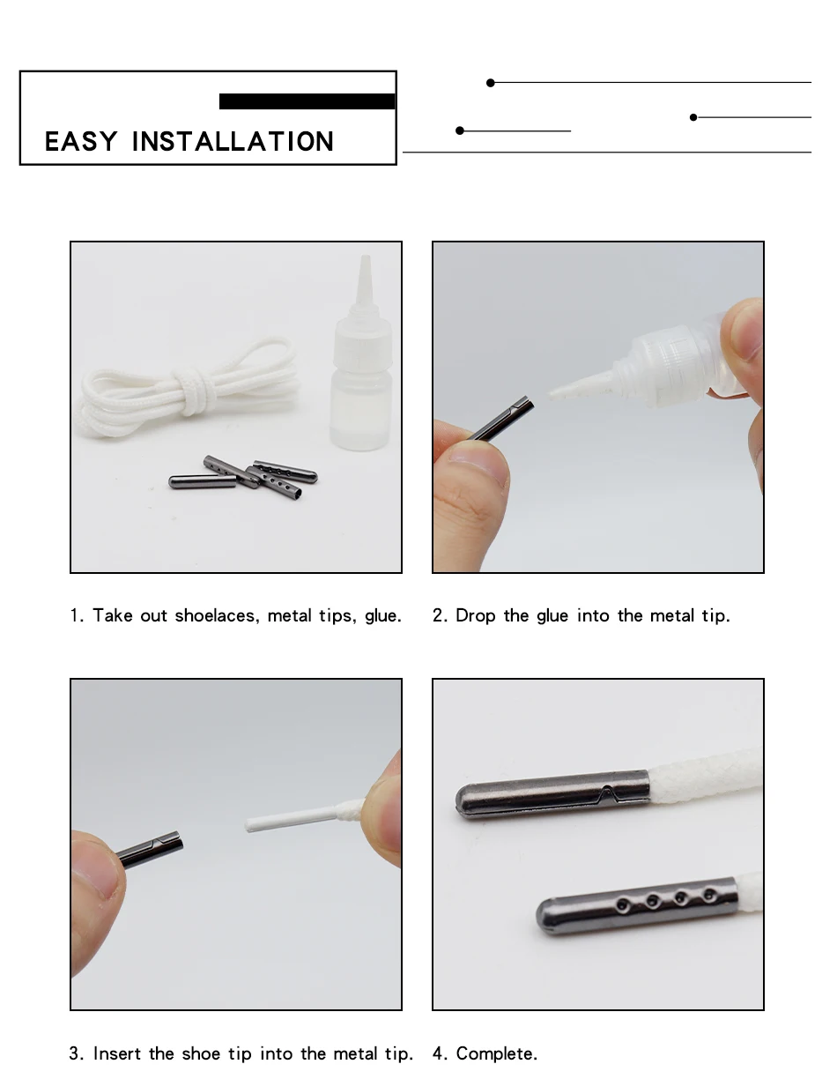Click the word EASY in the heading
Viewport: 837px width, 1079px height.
pyautogui.click(x=81, y=142)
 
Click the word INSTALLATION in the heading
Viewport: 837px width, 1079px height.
pyautogui.click(x=233, y=142)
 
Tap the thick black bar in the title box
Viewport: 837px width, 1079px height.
pyautogui.click(x=307, y=101)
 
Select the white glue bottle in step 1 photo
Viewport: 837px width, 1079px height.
pyautogui.click(x=360, y=353)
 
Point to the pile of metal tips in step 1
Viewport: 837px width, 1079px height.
pyautogui.click(x=243, y=477)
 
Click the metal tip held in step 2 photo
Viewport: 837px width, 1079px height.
pyautogui.click(x=501, y=418)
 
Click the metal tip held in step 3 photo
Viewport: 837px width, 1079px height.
pyautogui.click(x=150, y=849)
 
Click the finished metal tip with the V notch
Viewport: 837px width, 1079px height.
pyautogui.click(x=552, y=794)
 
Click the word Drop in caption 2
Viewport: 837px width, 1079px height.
pyautogui.click(x=475, y=616)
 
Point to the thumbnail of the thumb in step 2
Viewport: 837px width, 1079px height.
pyautogui.click(x=478, y=463)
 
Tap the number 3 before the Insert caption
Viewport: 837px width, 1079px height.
pyautogui.click(x=74, y=1053)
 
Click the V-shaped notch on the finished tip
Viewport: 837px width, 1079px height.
pyautogui.click(x=606, y=794)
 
